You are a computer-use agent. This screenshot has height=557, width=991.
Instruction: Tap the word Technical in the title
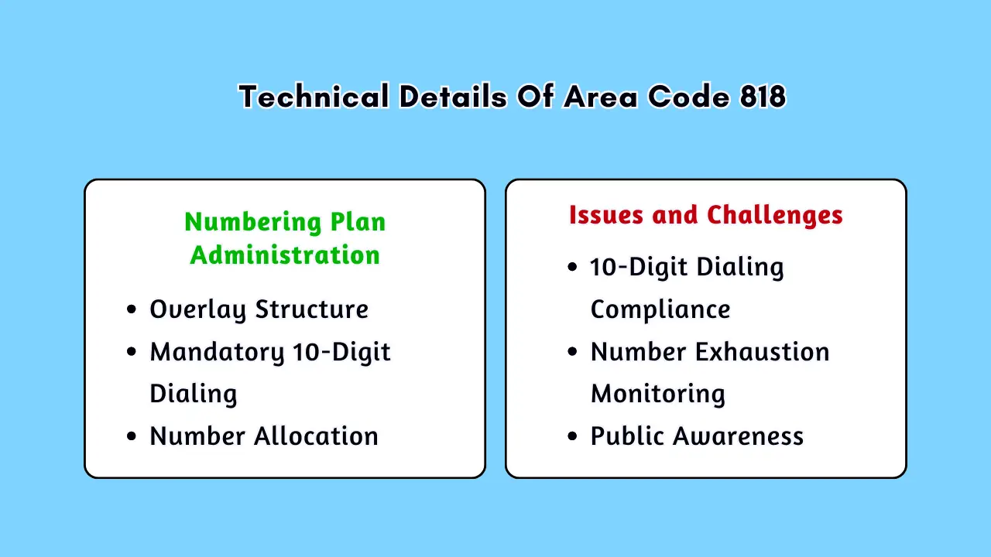pos(314,97)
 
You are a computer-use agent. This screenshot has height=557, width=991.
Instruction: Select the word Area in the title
pos(600,97)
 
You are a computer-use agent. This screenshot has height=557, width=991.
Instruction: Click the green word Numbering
pos(253,222)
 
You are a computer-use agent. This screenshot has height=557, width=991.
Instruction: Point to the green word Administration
pos(285,255)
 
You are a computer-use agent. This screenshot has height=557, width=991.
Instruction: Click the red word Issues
pos(605,215)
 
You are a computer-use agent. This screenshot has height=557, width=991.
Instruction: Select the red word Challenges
pos(775,216)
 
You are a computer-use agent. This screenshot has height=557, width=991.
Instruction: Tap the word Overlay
pos(197,309)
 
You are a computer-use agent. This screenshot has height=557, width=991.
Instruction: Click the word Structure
pos(312,309)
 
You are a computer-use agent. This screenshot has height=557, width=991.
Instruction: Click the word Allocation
pos(316,436)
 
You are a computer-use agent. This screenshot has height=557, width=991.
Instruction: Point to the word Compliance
pos(660,309)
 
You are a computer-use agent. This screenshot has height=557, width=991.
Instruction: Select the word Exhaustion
pos(762,352)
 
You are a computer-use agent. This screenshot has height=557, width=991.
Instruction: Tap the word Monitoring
pos(658,394)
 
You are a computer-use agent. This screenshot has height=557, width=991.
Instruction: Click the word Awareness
pos(739,436)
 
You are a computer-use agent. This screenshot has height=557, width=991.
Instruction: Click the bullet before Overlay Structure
pos(132,309)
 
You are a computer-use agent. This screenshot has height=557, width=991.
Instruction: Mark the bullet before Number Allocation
pos(132,436)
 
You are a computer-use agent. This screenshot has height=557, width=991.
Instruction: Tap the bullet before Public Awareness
pos(572,436)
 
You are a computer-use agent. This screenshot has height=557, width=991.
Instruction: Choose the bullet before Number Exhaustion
pos(572,352)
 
